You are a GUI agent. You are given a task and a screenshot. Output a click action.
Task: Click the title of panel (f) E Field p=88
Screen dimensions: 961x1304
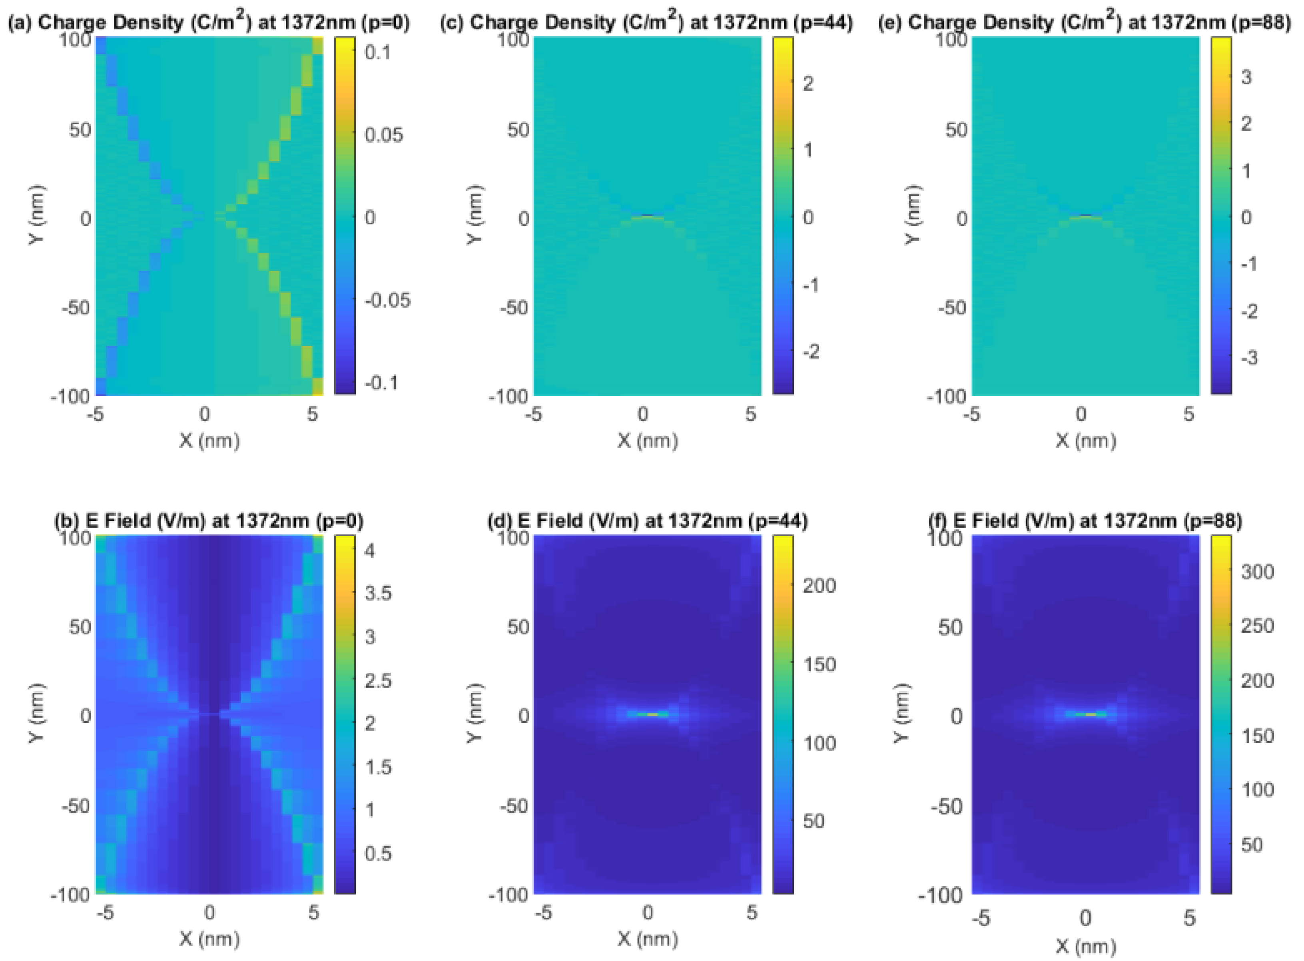coord(1085,520)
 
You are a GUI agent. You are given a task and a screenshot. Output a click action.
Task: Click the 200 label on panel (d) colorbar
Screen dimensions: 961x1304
coord(819,585)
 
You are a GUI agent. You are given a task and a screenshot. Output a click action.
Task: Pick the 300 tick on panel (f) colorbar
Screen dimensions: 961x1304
coord(1257,572)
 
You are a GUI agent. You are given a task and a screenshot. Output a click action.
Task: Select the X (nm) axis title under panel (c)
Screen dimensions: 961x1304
coord(647,441)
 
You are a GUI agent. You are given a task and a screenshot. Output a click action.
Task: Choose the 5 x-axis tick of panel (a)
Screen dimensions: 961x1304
coord(312,414)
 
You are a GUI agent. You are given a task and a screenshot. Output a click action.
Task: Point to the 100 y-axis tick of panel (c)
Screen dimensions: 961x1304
coord(514,40)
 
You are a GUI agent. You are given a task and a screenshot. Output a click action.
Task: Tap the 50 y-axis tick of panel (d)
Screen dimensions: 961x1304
coord(518,627)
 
